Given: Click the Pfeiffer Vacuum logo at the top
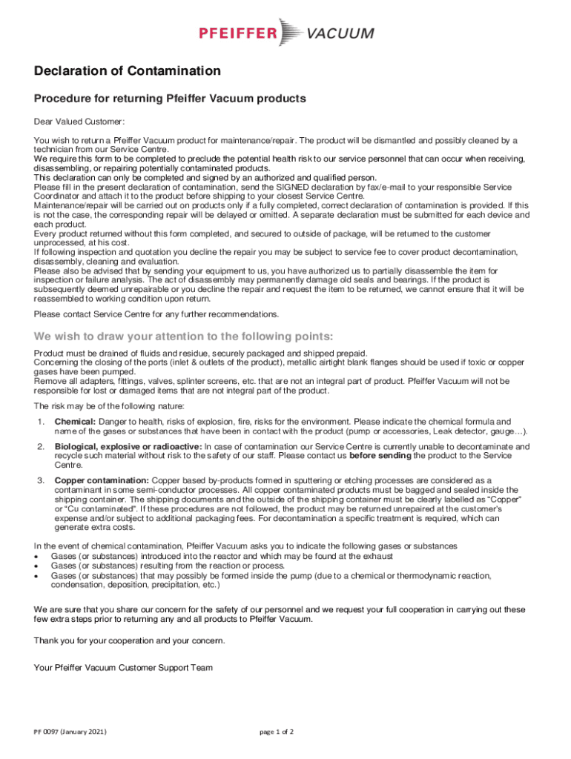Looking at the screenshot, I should point(285,33).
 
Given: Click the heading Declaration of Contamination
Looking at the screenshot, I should point(128,71).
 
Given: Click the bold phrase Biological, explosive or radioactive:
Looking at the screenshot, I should point(128,447).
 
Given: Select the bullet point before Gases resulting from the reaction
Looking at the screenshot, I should point(37,566).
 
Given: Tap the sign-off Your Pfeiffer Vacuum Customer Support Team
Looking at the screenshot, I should point(123,668).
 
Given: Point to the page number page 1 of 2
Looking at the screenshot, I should point(277,732).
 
